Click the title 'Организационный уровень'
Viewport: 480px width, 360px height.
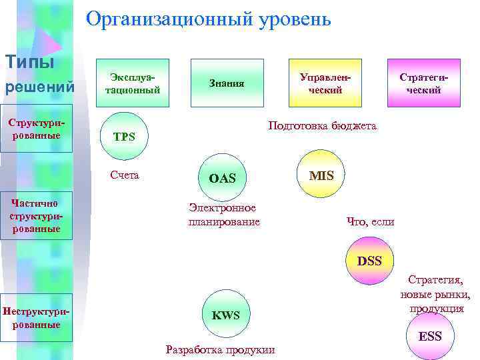click(x=209, y=19)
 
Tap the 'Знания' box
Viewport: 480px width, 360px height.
click(x=227, y=83)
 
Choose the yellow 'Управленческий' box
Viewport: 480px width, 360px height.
click(x=325, y=83)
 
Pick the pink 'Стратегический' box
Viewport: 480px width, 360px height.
click(x=420, y=83)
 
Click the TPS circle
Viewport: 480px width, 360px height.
click(x=124, y=137)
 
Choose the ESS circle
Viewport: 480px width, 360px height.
click(x=429, y=336)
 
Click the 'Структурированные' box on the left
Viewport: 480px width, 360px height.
click(x=36, y=129)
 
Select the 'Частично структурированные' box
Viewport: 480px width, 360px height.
click(x=36, y=216)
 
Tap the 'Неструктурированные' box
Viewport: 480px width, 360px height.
click(x=36, y=318)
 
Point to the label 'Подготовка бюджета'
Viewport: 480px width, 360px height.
click(x=322, y=125)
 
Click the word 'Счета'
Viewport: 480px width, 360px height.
click(x=125, y=175)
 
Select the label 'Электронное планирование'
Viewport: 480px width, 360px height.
click(x=223, y=215)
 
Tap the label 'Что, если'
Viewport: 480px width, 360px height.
click(x=371, y=222)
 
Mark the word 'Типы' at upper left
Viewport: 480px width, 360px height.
click(x=30, y=62)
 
